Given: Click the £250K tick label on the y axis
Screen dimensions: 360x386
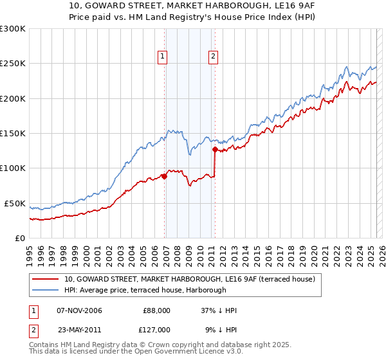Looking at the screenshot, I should tap(13, 64).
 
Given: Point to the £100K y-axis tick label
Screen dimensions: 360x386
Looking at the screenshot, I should tap(13, 168).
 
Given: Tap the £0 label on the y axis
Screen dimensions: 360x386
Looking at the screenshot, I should tap(20, 238).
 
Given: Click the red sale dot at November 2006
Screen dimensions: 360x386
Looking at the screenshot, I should tap(165, 177).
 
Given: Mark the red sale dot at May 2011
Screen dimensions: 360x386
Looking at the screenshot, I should tap(215, 150).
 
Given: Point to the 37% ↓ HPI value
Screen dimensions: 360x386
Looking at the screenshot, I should tap(219, 310).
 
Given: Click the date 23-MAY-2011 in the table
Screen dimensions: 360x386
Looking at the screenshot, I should tap(79, 329).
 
